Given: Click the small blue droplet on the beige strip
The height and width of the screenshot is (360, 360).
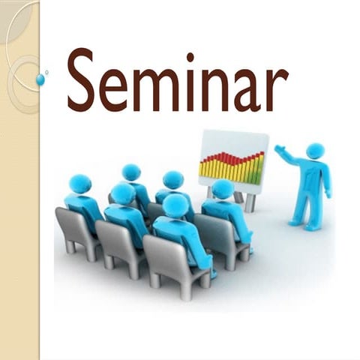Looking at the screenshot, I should click(x=40, y=79).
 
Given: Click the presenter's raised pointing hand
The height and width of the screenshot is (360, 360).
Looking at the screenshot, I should click(x=279, y=150).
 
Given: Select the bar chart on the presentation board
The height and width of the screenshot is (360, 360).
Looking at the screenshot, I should click(x=231, y=166).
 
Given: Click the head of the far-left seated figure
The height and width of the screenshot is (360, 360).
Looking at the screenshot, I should click(x=79, y=184).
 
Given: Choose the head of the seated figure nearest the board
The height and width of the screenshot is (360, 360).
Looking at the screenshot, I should click(x=222, y=188).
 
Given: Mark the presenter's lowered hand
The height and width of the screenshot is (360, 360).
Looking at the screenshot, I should click(x=328, y=193).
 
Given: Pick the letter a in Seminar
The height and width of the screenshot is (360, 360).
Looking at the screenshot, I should click(x=247, y=90).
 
